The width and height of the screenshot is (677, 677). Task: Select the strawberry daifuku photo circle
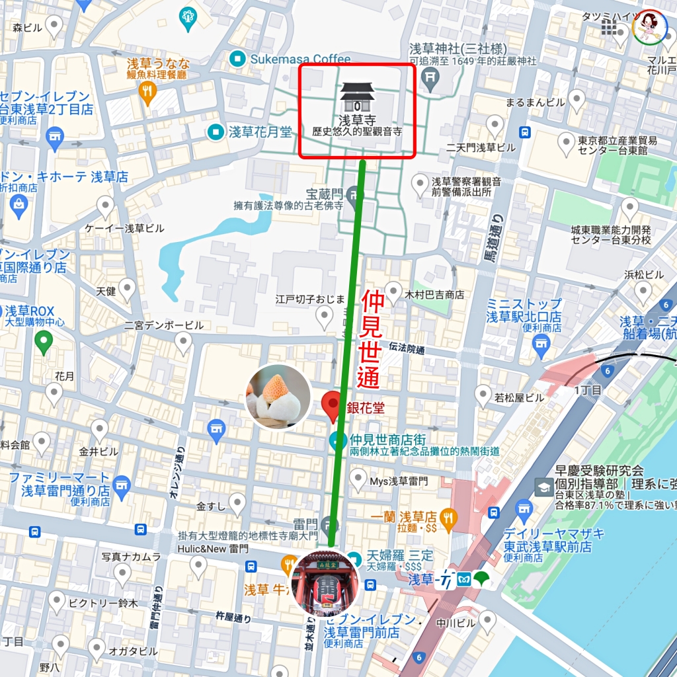click(x=278, y=397)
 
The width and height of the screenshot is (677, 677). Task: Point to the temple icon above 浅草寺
click(x=357, y=97)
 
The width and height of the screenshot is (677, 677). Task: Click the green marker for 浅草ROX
click(x=44, y=341)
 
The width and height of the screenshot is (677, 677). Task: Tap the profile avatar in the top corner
click(x=649, y=27)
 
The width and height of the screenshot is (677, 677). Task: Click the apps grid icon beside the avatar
click(x=609, y=27)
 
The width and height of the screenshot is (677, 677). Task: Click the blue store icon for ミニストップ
click(x=541, y=342)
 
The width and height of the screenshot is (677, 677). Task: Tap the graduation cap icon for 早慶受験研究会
click(x=543, y=487)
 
